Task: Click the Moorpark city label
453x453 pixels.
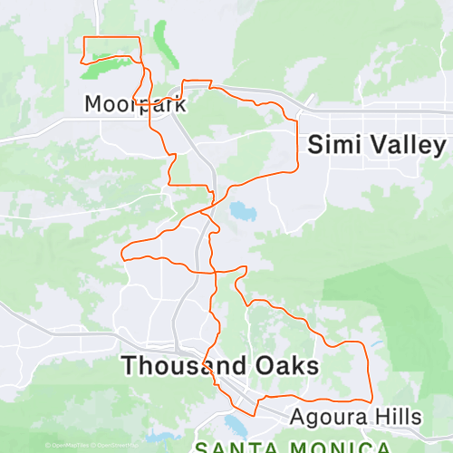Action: [x=135, y=103]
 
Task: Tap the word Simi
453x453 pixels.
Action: [x=338, y=144]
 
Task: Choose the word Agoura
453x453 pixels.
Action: [x=326, y=417]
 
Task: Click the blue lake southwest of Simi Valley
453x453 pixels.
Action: [x=241, y=212]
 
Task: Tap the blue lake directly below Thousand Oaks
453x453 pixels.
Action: [x=237, y=401]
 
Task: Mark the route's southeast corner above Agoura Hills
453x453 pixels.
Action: [x=371, y=399]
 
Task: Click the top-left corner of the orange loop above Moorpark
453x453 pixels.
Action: [x=84, y=37]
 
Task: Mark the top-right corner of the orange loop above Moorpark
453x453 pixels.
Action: [x=141, y=37]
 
